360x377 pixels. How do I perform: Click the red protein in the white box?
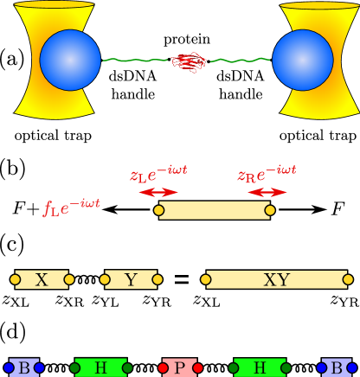coord(188,62)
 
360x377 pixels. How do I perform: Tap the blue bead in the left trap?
coord(70,60)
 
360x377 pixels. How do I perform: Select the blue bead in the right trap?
coord(303,60)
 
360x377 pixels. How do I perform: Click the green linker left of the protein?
coord(135,61)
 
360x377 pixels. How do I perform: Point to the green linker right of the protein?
coord(240,61)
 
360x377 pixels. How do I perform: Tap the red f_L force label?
coord(72,207)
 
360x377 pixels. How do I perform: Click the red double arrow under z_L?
coord(158,192)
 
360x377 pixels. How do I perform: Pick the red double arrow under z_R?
coord(267,192)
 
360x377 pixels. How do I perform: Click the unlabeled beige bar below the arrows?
coord(215,210)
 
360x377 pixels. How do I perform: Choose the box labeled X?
coord(42,279)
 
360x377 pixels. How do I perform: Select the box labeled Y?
coord(131,279)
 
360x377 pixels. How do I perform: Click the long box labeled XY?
coord(277,279)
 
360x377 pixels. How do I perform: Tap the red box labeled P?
coord(180,367)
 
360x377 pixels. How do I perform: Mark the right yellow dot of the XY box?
coord(348,279)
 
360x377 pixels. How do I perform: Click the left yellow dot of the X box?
coord(15,279)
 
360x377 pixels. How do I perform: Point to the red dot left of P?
coord(163,367)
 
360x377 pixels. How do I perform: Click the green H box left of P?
coord(101,367)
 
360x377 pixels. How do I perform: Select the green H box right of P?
coord(260,367)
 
